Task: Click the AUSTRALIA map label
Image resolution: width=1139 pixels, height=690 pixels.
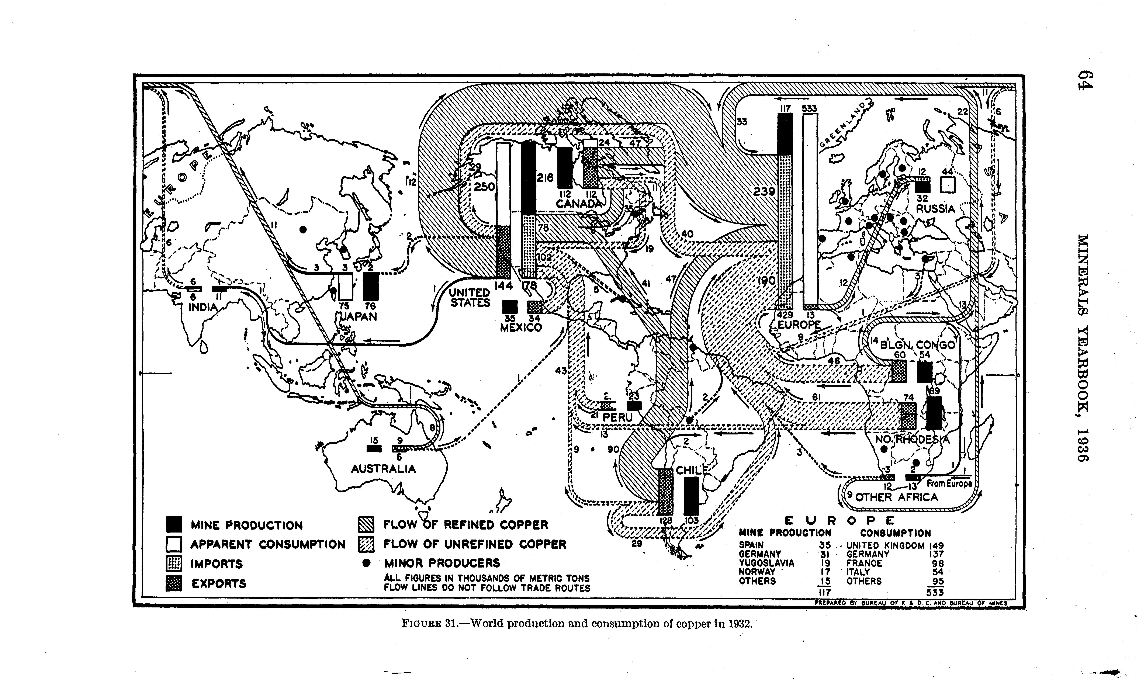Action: pos(383,469)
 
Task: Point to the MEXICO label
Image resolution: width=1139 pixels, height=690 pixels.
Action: pos(521,328)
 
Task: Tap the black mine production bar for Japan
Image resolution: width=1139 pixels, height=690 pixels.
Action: pos(371,287)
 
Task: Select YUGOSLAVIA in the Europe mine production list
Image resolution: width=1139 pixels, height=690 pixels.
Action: pos(766,563)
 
